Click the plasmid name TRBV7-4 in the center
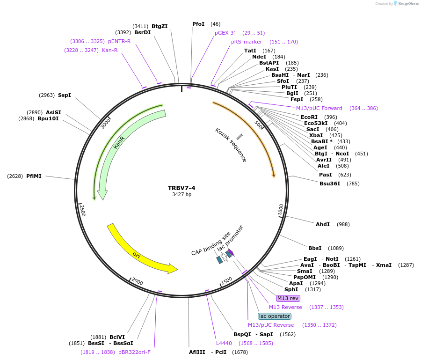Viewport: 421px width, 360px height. pyautogui.click(x=181, y=188)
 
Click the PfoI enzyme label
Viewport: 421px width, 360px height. pyautogui.click(x=198, y=24)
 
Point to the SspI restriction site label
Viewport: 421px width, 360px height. pyautogui.click(x=65, y=95)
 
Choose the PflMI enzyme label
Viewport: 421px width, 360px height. pyautogui.click(x=34, y=176)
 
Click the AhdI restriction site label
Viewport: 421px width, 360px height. pyautogui.click(x=323, y=224)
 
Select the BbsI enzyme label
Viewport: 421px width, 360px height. pyautogui.click(x=315, y=248)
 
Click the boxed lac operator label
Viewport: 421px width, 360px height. pyautogui.click(x=274, y=316)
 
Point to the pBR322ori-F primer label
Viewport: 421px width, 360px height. pyautogui.click(x=134, y=352)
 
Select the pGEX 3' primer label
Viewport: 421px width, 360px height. pyautogui.click(x=225, y=33)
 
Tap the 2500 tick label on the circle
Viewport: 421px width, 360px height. pyautogui.click(x=82, y=210)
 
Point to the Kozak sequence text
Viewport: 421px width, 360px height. pyautogui.click(x=231, y=145)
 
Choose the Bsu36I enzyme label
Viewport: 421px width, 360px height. pyautogui.click(x=330, y=184)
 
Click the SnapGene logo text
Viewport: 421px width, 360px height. pyautogui.click(x=407, y=4)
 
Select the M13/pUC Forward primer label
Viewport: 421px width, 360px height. pyautogui.click(x=319, y=108)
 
